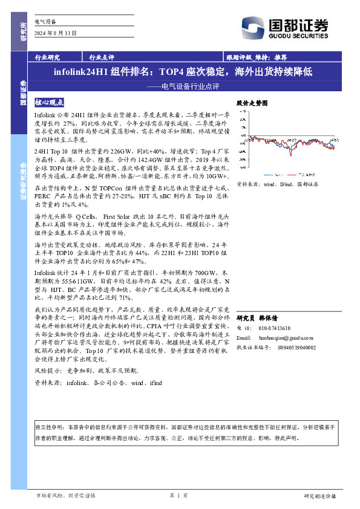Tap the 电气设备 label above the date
point(45,21)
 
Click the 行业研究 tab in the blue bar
point(47,58)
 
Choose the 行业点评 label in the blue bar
point(102,58)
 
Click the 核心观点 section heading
point(49,103)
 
